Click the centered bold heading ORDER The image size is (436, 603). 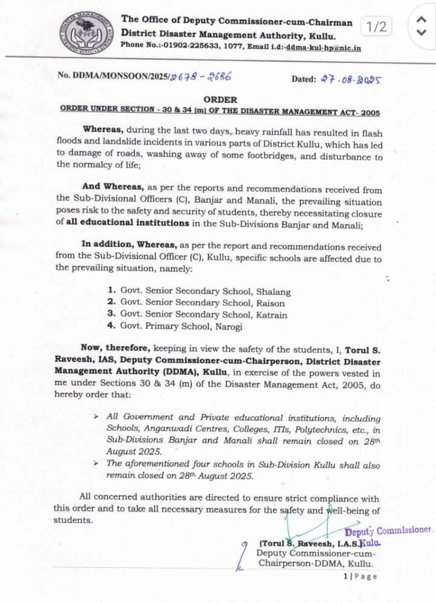[x=220, y=99]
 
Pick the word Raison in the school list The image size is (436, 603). [x=271, y=303]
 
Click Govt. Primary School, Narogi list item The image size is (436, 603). [x=181, y=326]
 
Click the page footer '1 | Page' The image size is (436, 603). [x=360, y=576]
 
